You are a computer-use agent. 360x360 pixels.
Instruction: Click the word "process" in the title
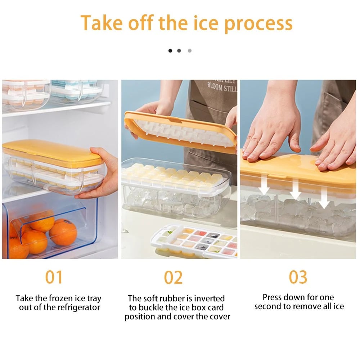[258, 23]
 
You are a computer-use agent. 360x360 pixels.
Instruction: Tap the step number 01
[54, 278]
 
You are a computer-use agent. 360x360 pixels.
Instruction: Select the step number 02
[173, 278]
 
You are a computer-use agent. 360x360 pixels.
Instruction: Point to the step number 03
[298, 277]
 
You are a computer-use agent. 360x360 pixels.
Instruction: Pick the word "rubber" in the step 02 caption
[180, 298]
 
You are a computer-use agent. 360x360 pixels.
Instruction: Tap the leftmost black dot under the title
[170, 51]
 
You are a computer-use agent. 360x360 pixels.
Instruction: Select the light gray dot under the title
[190, 51]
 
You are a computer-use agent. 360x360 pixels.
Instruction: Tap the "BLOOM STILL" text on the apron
[222, 87]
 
